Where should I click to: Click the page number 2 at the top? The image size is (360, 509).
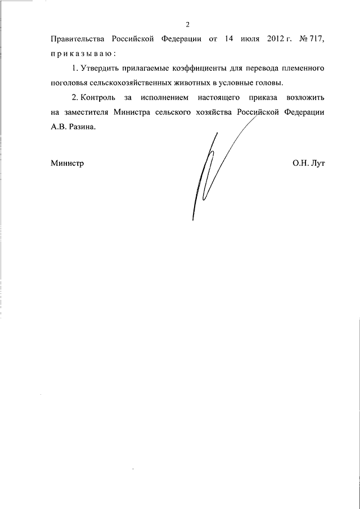coord(187,24)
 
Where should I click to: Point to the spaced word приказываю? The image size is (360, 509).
coord(83,54)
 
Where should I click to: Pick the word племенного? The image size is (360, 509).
coord(301,69)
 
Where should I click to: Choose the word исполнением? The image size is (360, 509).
coord(171,98)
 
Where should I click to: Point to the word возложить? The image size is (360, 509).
coord(301,98)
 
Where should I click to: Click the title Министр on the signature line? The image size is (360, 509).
coord(67,164)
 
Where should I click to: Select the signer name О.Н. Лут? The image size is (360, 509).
coord(308,164)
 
